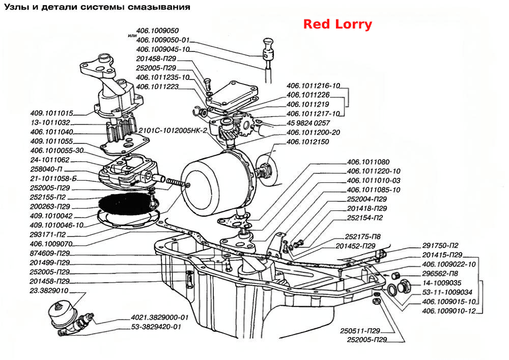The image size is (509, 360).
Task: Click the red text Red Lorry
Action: (x=337, y=24)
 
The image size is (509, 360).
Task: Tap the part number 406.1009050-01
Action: (x=163, y=40)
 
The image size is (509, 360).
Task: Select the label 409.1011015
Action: (x=51, y=113)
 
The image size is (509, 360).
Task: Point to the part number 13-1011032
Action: (x=50, y=123)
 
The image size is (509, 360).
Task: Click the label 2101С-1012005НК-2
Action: (x=173, y=130)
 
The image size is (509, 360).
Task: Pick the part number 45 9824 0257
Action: (x=308, y=123)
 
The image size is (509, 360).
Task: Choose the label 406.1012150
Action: (x=308, y=142)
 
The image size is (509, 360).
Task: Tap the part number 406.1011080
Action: (x=368, y=162)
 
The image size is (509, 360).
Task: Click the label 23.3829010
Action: (x=49, y=291)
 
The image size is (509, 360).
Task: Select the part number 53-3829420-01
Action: (x=156, y=326)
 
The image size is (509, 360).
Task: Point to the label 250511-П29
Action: (x=360, y=331)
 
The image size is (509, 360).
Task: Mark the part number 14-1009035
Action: (x=441, y=283)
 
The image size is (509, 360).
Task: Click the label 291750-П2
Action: (x=440, y=245)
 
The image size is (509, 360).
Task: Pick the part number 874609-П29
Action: (x=50, y=253)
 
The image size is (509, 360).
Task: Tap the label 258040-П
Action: (x=46, y=169)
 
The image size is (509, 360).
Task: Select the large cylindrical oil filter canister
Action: (x=217, y=182)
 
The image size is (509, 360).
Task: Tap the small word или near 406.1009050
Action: (x=132, y=35)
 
